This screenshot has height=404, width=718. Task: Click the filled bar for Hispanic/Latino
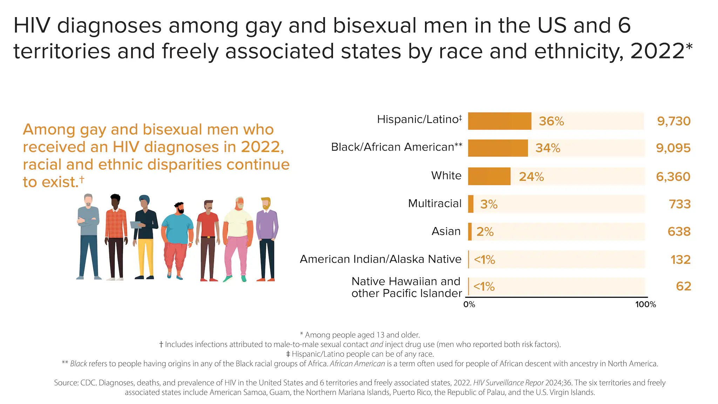499,121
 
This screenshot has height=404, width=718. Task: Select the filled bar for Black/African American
497,148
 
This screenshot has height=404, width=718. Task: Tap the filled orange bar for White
489,176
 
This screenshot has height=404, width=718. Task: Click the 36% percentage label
551,121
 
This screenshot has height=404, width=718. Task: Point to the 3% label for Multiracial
489,204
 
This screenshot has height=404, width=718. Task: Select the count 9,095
673,148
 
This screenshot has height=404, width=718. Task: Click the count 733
679,204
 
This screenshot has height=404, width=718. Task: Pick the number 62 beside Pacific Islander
683,286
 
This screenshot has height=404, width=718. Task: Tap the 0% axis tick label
469,304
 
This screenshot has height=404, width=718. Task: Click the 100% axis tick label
645,304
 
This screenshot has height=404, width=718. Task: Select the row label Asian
446,231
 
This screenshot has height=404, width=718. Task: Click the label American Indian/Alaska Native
380,259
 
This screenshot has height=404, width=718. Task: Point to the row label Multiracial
435,204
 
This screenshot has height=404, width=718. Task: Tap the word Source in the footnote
66,383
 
